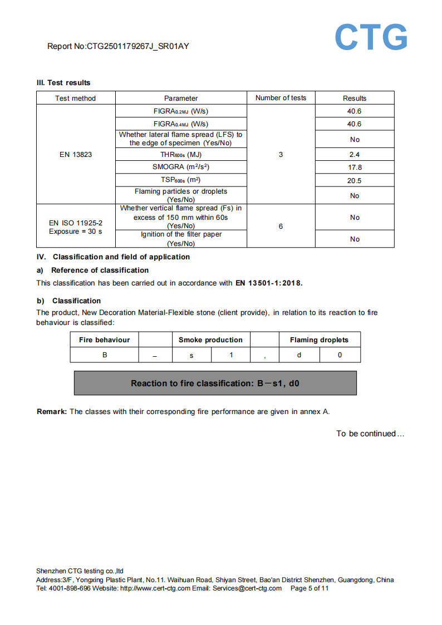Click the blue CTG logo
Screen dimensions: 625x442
point(371,37)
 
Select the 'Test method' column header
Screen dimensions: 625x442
point(75,99)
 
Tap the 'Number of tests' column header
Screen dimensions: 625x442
point(281,98)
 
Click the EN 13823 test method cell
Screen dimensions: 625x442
point(75,154)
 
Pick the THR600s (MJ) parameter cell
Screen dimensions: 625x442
point(180,155)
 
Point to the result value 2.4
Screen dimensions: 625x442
point(355,155)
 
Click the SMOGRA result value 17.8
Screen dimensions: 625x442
point(355,167)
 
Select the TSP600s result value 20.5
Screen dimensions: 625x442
point(355,180)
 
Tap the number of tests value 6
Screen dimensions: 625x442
point(281,226)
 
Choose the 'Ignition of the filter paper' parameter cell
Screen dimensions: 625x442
point(180,239)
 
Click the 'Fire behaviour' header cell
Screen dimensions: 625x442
point(104,340)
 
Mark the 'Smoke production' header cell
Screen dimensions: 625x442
point(210,340)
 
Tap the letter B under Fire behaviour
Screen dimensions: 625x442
point(104,355)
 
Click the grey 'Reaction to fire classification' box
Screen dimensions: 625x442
point(215,383)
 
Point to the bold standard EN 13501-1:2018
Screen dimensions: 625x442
point(269,283)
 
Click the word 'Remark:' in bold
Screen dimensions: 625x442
point(52,412)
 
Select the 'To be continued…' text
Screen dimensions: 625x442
point(370,434)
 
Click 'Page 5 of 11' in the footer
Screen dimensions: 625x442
point(310,588)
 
